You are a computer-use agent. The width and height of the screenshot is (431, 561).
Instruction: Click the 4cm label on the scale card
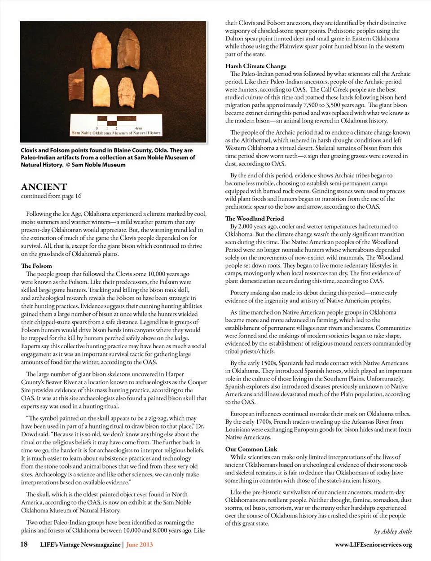[x=139, y=128]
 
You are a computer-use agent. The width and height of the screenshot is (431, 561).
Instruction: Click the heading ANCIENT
[x=44, y=187]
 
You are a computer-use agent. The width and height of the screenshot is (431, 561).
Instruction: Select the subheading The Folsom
[x=36, y=266]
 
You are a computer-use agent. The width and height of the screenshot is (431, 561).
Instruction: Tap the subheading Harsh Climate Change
[x=255, y=66]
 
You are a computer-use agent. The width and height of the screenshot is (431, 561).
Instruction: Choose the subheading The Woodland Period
[x=255, y=219]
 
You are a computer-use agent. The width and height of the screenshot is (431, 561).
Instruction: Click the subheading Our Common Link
[x=251, y=449]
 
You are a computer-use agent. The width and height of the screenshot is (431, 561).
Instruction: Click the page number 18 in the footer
[x=24, y=544]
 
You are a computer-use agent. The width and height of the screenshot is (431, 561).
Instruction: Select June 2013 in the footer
[x=140, y=545]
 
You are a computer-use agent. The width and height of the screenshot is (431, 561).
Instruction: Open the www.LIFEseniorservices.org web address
[x=373, y=545]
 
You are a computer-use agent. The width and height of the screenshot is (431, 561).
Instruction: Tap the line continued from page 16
[x=51, y=196]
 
